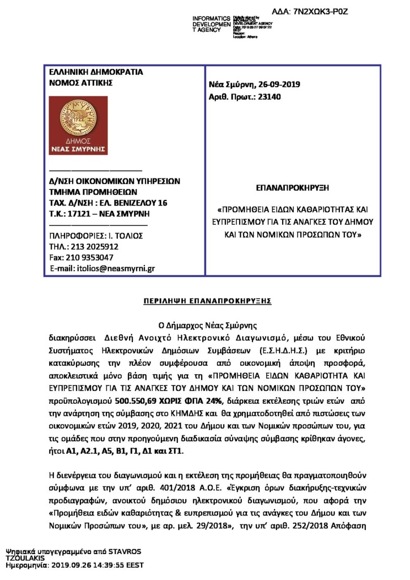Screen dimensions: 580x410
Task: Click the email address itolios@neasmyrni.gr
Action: click(116, 268)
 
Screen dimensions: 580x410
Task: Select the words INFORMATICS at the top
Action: click(211, 19)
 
